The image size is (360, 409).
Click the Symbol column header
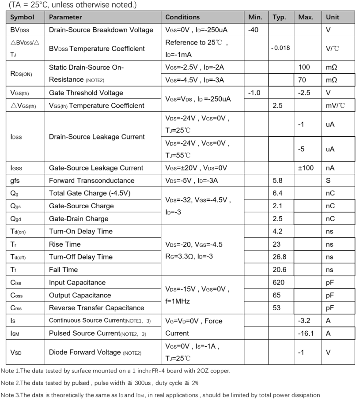(22, 17)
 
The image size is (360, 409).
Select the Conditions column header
(182, 17)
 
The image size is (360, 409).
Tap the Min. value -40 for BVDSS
(254, 30)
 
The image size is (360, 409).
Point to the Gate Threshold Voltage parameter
(86, 93)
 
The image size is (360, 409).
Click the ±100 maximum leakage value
(306, 168)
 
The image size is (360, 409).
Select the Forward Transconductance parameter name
(91, 180)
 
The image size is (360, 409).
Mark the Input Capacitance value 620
(279, 282)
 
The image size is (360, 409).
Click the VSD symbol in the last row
(16, 353)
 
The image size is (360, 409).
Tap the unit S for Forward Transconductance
(328, 180)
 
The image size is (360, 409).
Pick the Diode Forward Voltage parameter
(85, 352)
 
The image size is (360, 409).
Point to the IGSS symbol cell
(16, 168)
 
